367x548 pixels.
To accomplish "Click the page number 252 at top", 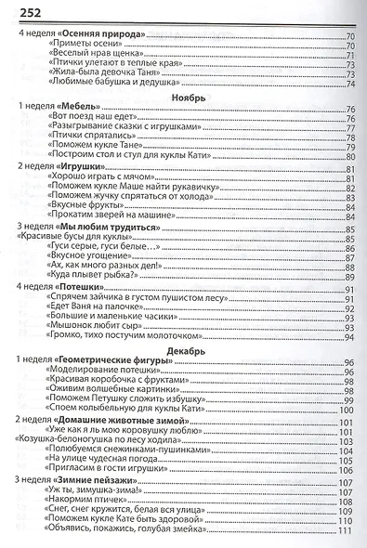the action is click(20, 9).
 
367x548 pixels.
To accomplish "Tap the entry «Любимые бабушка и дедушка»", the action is click(112, 85).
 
